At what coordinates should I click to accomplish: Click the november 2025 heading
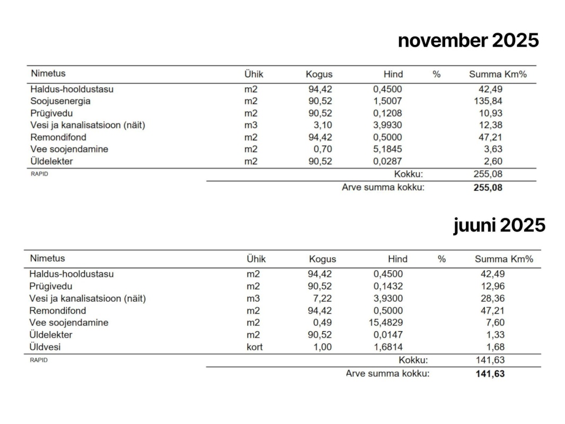[468, 40]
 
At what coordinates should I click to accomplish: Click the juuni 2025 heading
[499, 225]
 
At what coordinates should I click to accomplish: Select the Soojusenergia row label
[60, 101]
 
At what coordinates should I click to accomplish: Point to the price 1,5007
[387, 101]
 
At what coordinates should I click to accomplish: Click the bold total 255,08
[488, 187]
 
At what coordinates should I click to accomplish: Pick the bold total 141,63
[490, 374]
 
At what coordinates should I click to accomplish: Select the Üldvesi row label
[46, 347]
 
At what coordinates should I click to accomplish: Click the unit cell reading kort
[254, 347]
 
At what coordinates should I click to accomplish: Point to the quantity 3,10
[322, 125]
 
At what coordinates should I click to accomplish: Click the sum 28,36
[491, 298]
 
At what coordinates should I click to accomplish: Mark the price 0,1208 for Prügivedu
[387, 113]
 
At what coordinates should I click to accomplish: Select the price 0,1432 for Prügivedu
[388, 286]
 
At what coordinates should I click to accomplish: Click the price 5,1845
[387, 149]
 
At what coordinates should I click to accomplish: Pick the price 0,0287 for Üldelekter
[387, 161]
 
